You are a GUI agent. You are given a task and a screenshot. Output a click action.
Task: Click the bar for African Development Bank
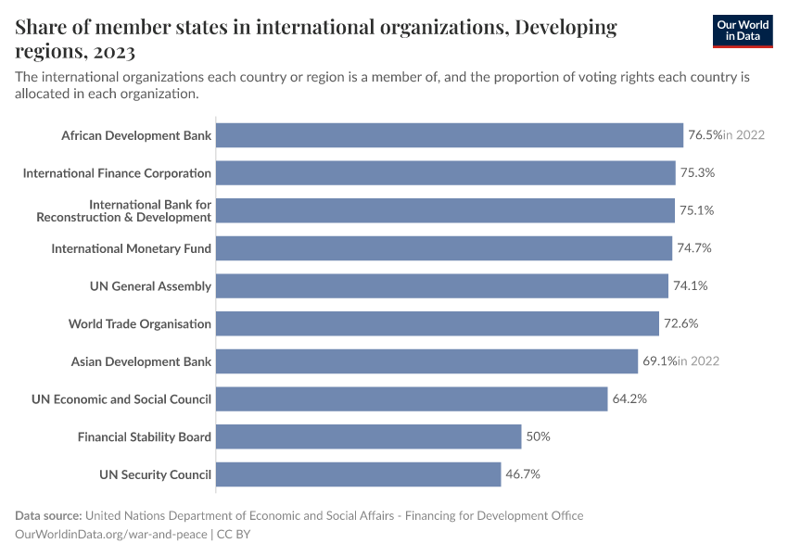(449, 135)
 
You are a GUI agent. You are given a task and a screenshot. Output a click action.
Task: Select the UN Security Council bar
(358, 474)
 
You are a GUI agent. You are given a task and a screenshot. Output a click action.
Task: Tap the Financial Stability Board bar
(368, 436)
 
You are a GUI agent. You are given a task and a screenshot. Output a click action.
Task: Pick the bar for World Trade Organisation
(438, 323)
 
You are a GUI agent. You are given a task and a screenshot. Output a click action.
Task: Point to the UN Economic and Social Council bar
(412, 399)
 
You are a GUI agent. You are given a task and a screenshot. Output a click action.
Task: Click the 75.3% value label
(697, 173)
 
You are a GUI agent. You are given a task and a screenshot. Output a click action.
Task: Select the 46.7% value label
(523, 474)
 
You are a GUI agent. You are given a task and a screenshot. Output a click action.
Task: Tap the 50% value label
(539, 436)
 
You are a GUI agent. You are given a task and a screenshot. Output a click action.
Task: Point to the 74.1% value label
(691, 286)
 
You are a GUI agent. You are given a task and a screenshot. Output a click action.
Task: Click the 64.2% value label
(629, 399)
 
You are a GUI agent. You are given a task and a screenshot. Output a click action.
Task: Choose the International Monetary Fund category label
(131, 248)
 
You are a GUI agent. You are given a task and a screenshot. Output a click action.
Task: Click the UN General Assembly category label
(150, 286)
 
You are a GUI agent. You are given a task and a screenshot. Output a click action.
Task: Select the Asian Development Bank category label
(141, 361)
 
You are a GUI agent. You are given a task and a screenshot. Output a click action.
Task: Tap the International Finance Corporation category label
(117, 173)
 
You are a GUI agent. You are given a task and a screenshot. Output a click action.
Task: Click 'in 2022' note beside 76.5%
(744, 135)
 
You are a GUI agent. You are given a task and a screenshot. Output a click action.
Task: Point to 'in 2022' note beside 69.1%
(698, 361)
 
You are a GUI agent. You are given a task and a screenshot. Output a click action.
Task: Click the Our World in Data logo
(743, 31)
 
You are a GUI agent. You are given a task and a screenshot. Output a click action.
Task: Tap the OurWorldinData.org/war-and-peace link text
(112, 534)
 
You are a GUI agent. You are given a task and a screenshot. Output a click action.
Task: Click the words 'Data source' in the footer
(48, 515)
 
